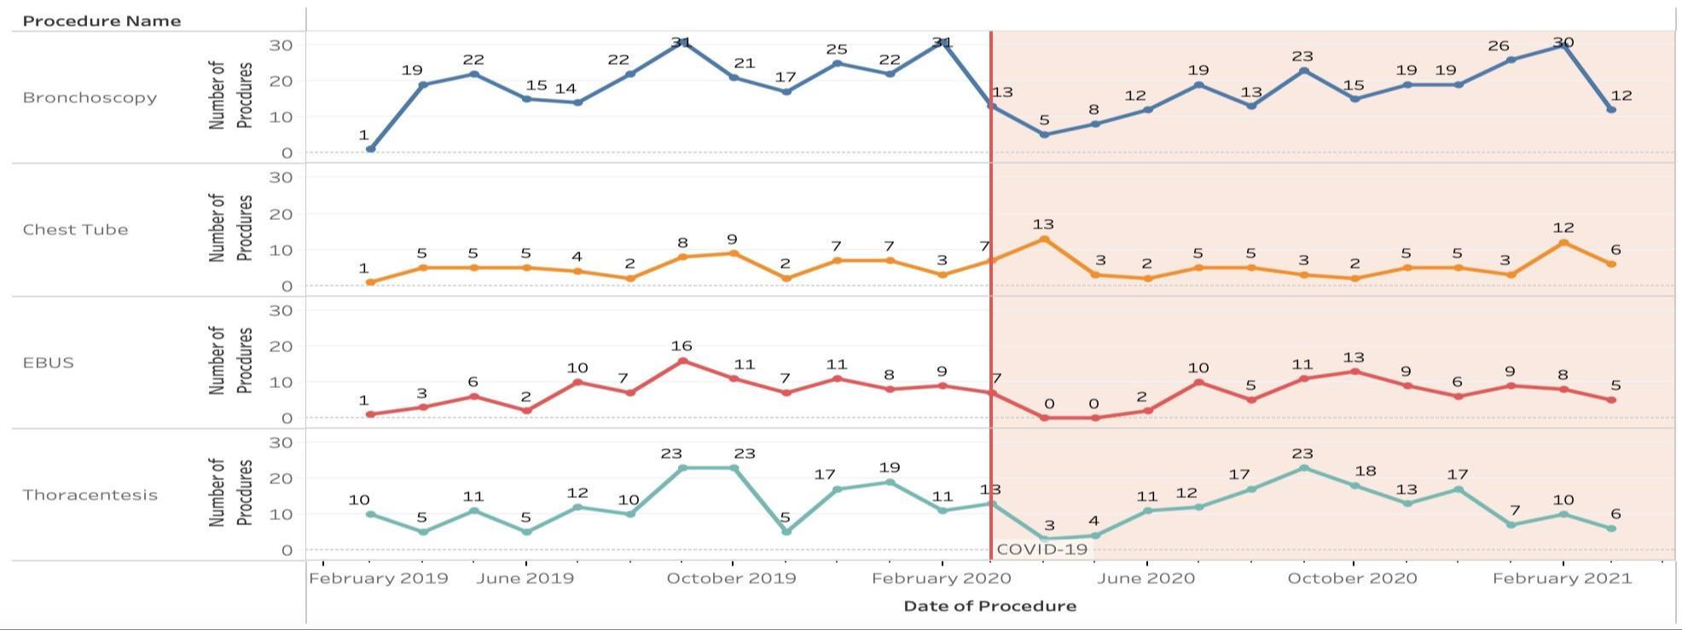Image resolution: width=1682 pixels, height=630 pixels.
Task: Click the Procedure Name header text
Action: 101,21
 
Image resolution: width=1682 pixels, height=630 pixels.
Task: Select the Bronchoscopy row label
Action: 90,97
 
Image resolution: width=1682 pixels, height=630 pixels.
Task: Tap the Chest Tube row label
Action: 75,229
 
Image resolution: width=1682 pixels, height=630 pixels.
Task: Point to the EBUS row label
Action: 48,362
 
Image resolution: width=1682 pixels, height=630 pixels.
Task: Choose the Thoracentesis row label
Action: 90,494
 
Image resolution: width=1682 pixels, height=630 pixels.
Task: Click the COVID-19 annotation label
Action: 1041,549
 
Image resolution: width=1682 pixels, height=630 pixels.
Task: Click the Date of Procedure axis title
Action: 989,606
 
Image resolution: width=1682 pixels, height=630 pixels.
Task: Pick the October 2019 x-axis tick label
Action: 731,578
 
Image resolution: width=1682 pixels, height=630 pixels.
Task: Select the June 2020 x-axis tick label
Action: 1146,578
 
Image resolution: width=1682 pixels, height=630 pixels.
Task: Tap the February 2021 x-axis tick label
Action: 1562,578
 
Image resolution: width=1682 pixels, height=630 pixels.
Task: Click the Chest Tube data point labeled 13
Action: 1044,240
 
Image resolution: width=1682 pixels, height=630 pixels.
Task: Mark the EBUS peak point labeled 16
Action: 682,361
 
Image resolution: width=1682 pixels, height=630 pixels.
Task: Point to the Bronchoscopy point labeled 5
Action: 1044,135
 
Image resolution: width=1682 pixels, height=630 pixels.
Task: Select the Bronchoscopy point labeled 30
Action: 1563,44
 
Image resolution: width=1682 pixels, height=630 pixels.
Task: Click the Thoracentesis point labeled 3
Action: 1044,539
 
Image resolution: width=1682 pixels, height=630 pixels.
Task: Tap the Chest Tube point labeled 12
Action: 1563,243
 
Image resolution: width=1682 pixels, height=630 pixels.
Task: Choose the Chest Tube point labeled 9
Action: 733,253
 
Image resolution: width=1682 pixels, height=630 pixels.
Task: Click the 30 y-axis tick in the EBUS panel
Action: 281,310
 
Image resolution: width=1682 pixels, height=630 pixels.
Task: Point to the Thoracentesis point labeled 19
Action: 890,483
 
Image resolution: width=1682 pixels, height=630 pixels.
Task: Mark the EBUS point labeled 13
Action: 1354,372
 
